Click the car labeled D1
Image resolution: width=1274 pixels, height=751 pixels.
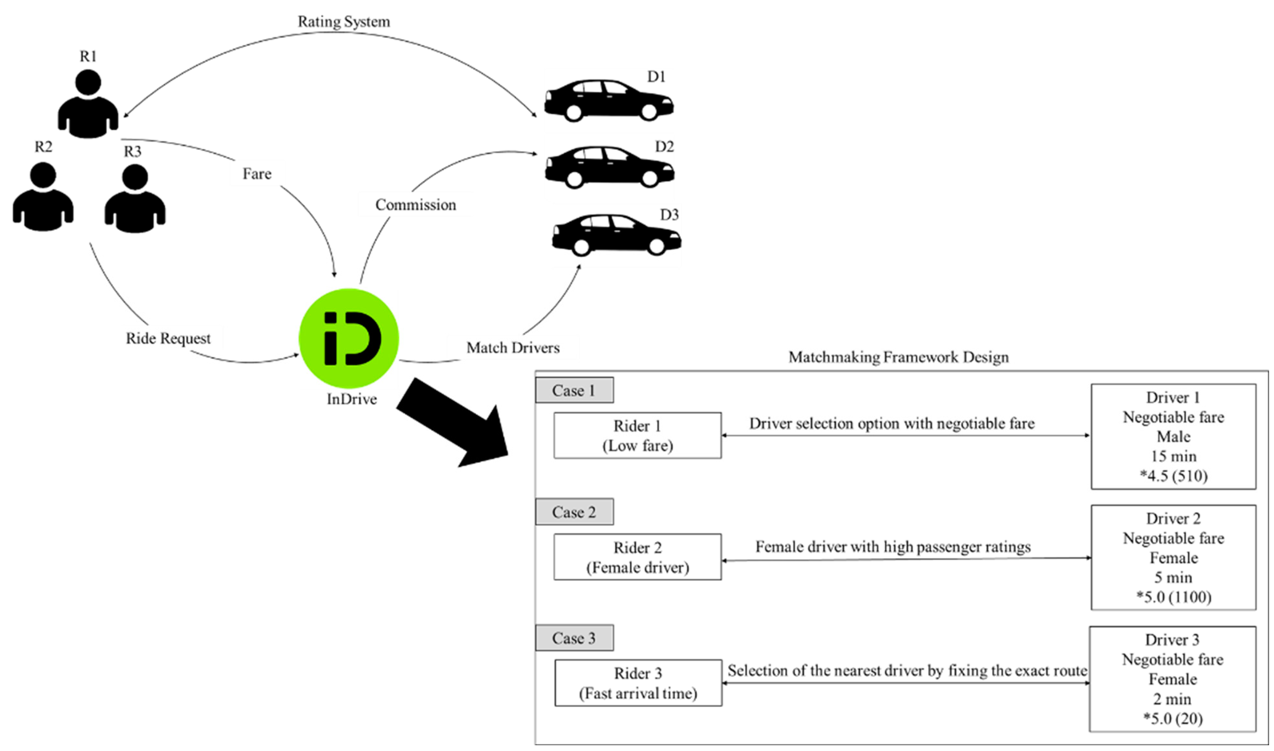608,100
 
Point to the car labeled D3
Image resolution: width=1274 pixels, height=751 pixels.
616,235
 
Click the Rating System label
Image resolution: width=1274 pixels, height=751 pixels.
343,22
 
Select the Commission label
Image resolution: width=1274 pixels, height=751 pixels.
415,205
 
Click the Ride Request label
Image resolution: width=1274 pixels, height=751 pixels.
168,338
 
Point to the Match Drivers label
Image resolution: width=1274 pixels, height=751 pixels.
513,348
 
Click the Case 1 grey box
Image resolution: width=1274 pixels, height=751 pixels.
574,390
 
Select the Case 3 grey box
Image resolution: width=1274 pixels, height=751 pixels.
574,638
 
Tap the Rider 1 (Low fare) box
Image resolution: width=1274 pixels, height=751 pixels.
637,435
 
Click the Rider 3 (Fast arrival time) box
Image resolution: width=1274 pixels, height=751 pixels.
638,683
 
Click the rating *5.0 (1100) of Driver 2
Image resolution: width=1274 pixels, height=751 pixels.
1173,597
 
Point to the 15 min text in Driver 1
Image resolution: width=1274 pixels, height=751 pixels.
1173,457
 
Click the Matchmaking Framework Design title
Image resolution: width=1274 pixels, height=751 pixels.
898,357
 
